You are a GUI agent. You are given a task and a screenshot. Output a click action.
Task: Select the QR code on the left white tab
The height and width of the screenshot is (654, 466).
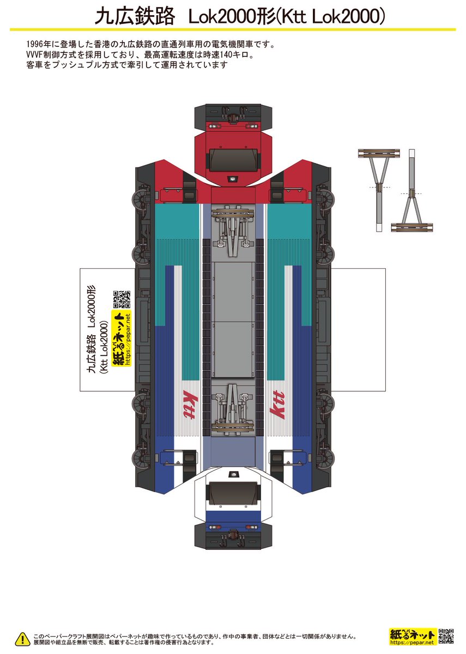(122, 299)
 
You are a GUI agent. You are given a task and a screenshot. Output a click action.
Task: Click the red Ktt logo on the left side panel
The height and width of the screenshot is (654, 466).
(190, 404)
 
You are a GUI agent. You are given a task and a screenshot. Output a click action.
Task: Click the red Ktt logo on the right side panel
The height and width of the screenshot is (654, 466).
(277, 404)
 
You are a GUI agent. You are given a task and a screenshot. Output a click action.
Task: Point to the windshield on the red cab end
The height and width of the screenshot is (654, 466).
(233, 160)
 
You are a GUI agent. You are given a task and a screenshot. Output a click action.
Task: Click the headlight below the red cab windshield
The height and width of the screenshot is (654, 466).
(233, 179)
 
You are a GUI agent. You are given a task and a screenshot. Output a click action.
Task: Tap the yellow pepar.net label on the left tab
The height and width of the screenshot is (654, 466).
(121, 338)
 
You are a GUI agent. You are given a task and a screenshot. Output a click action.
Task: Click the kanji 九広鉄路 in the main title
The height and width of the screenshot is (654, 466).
(135, 17)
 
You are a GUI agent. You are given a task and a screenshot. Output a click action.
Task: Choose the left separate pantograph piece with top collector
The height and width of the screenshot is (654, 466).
(379, 190)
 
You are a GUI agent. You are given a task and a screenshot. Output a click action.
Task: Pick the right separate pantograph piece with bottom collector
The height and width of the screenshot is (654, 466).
(411, 190)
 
